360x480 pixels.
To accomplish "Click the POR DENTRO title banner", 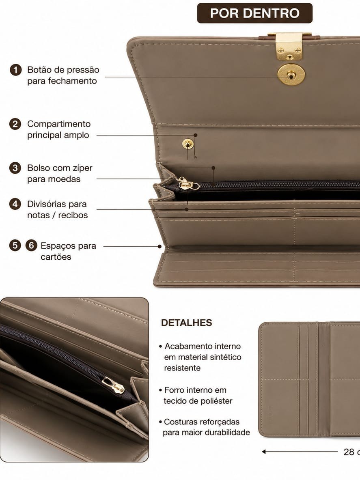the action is (x=255, y=13).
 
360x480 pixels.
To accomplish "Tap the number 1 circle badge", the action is (x=15, y=70).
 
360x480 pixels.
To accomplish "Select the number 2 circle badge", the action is (x=15, y=124).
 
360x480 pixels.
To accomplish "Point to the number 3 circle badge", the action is (x=15, y=168).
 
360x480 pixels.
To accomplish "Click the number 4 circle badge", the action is (x=15, y=204).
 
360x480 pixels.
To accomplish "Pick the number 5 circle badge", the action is (x=15, y=245).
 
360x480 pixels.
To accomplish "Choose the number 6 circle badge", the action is (x=31, y=245).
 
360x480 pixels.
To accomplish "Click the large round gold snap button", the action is (x=291, y=75).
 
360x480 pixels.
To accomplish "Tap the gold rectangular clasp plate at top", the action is (x=289, y=46).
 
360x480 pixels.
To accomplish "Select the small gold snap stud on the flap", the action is (x=188, y=144).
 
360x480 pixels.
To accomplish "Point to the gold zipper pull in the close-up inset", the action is (x=114, y=385).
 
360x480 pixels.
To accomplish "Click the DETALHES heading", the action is (x=186, y=323).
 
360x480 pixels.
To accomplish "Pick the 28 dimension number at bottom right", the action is (x=349, y=452).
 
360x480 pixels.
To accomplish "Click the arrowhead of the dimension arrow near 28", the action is (x=264, y=452).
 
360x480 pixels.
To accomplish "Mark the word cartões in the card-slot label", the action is (x=56, y=257).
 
